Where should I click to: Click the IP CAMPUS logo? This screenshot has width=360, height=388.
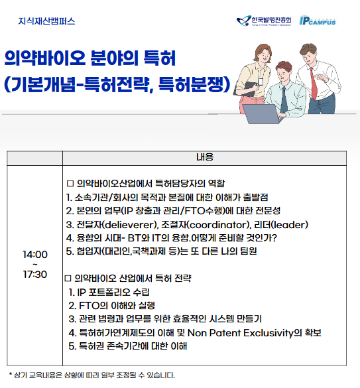[x=318, y=21]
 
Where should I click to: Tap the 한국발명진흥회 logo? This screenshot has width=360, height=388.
[x=264, y=21]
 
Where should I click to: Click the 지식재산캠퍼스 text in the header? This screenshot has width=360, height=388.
[x=46, y=21]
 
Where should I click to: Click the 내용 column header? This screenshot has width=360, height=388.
[x=205, y=157]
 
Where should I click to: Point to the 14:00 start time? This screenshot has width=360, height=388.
[x=35, y=255]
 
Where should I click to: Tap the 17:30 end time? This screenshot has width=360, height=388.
[x=35, y=274]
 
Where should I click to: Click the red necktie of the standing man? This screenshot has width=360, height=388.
[x=314, y=84]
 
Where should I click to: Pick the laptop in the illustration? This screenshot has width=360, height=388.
[x=263, y=114]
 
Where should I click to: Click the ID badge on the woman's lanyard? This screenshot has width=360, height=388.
[x=261, y=82]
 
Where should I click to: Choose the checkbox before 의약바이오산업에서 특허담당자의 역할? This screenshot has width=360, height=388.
[x=70, y=184]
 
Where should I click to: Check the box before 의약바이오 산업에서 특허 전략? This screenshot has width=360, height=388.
[x=68, y=279]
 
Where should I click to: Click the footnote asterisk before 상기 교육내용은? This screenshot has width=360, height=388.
[x=11, y=374]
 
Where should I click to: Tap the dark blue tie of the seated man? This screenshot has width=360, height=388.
[x=284, y=99]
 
